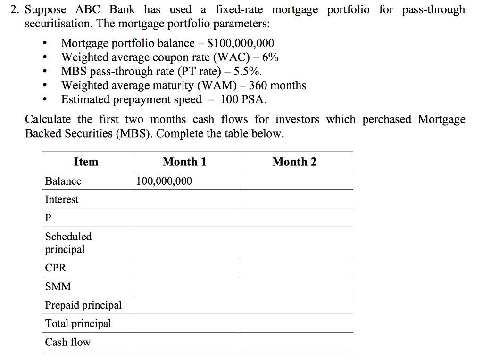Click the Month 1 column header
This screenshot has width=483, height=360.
tap(184, 162)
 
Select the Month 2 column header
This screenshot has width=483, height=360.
tap(294, 162)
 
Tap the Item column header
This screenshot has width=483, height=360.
tap(86, 162)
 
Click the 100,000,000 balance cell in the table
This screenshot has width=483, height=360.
tap(164, 181)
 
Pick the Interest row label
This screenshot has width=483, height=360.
tap(62, 199)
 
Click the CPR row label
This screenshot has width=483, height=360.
tap(56, 268)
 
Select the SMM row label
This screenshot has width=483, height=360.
tap(58, 286)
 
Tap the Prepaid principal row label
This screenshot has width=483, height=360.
tap(83, 305)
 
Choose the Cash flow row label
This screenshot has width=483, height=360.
tap(67, 342)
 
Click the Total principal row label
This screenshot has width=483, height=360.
tap(78, 323)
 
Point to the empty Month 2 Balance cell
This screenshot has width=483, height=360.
tap(296, 180)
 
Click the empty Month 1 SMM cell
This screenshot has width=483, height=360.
tap(186, 286)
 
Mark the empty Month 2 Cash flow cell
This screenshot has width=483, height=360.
tap(296, 342)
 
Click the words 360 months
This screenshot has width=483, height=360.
tap(277, 85)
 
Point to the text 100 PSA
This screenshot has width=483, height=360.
tap(243, 99)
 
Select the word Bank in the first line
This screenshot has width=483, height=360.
tap(122, 9)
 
